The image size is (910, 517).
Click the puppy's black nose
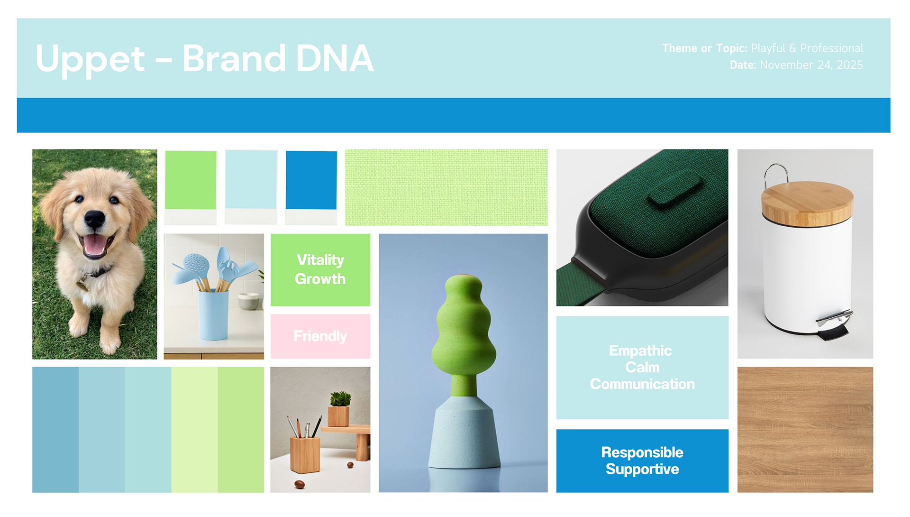pos(94,219)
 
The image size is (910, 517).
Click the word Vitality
pos(320,260)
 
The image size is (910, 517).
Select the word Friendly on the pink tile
pos(320,336)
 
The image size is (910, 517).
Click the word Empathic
pos(640,351)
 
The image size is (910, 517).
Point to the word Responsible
pos(642,452)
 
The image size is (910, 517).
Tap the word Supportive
pos(642,469)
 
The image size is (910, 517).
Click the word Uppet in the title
pos(90,59)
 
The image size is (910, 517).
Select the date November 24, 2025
pos(811,65)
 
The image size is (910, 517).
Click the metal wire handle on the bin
pos(775,173)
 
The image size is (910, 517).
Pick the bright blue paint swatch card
pos(311,180)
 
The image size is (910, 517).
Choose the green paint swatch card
pos(191,180)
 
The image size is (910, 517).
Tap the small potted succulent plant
pos(339,400)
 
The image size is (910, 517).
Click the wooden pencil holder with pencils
pos(304,453)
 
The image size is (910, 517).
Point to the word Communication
pos(642,384)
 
